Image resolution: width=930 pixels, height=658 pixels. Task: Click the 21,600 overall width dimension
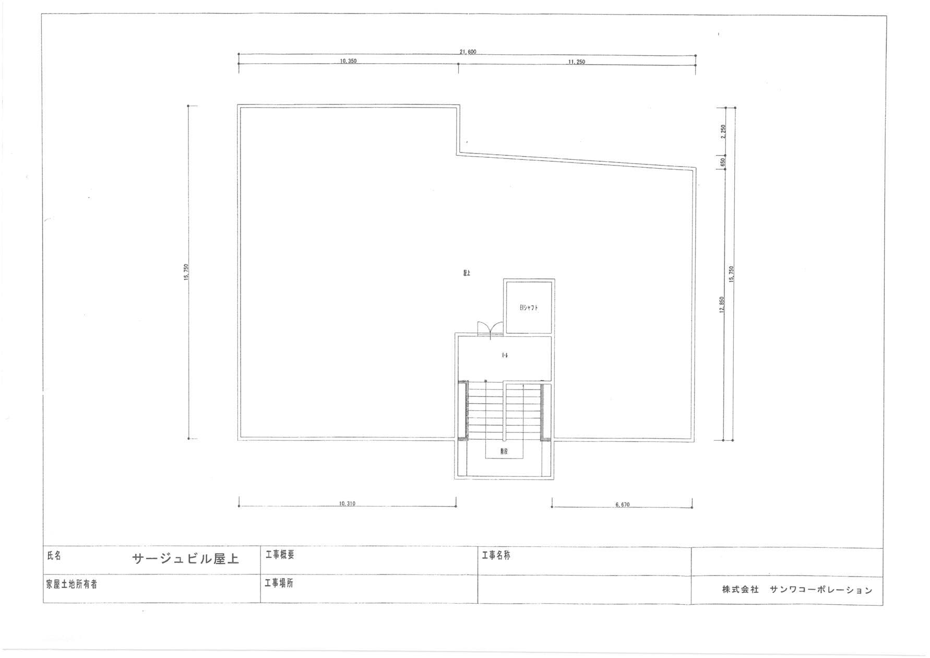(x=468, y=52)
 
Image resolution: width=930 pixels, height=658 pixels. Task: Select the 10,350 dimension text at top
(x=348, y=61)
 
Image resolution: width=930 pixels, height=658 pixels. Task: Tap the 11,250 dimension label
(x=576, y=62)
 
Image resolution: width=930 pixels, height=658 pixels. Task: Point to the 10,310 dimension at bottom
(x=347, y=504)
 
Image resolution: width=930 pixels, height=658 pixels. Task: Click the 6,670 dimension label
(x=622, y=505)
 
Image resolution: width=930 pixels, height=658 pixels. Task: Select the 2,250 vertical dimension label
(x=723, y=131)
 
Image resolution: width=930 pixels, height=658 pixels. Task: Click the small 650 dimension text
(x=723, y=162)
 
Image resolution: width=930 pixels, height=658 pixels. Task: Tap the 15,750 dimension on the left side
(x=186, y=272)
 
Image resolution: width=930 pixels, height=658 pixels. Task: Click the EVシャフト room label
(x=528, y=308)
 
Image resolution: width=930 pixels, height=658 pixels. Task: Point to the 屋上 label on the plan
(x=467, y=273)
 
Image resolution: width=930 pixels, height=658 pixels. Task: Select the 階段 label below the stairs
(x=504, y=452)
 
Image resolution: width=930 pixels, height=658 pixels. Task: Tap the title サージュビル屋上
(x=185, y=559)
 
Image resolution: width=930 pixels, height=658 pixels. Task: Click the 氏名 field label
(x=54, y=556)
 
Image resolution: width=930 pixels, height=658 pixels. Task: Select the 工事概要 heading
(x=280, y=555)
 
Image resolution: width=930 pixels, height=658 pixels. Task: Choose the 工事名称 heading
(x=496, y=556)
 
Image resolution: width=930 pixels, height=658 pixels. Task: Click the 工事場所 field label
(x=279, y=583)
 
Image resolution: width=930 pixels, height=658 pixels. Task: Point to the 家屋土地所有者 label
(x=71, y=585)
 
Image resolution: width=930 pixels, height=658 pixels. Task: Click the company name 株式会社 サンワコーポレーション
(x=797, y=590)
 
